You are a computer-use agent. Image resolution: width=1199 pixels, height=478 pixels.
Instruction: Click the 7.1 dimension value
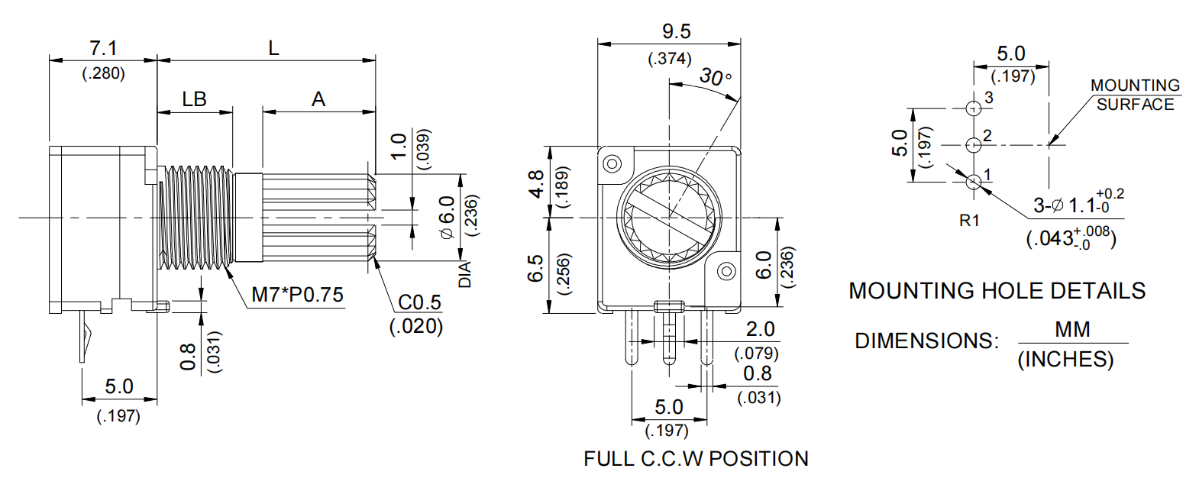103,48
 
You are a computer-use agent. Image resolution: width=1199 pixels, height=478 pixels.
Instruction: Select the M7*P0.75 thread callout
297,295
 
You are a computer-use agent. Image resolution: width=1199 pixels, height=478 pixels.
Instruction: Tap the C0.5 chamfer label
419,302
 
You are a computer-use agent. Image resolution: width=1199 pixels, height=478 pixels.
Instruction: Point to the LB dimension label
194,99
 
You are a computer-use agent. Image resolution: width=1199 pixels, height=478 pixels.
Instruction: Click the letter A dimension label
318,99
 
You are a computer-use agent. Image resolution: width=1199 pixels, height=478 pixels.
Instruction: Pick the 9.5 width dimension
676,31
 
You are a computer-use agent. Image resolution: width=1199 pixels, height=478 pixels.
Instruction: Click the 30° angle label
716,77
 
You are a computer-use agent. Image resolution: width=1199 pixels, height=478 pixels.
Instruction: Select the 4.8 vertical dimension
537,184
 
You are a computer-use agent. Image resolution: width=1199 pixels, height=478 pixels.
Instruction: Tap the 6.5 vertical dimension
536,268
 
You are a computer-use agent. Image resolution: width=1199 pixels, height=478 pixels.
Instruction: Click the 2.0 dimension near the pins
759,329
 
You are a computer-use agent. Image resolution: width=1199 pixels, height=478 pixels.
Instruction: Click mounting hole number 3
973,108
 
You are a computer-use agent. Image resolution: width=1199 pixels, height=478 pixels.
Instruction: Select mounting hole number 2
973,144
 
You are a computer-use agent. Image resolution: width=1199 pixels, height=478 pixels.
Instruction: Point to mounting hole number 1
974,182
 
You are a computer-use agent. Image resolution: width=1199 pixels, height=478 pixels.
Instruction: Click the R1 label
969,221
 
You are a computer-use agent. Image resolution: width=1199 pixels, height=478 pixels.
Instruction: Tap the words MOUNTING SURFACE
1135,95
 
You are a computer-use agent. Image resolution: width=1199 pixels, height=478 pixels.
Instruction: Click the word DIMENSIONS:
926,341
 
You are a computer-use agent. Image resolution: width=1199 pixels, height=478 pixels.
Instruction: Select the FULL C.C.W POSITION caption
696,459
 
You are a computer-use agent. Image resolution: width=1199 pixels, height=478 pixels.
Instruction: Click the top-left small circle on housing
612,163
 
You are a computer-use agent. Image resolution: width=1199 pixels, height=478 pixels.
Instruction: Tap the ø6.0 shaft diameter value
448,218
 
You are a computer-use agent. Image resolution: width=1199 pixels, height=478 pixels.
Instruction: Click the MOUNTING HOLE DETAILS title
997,291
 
